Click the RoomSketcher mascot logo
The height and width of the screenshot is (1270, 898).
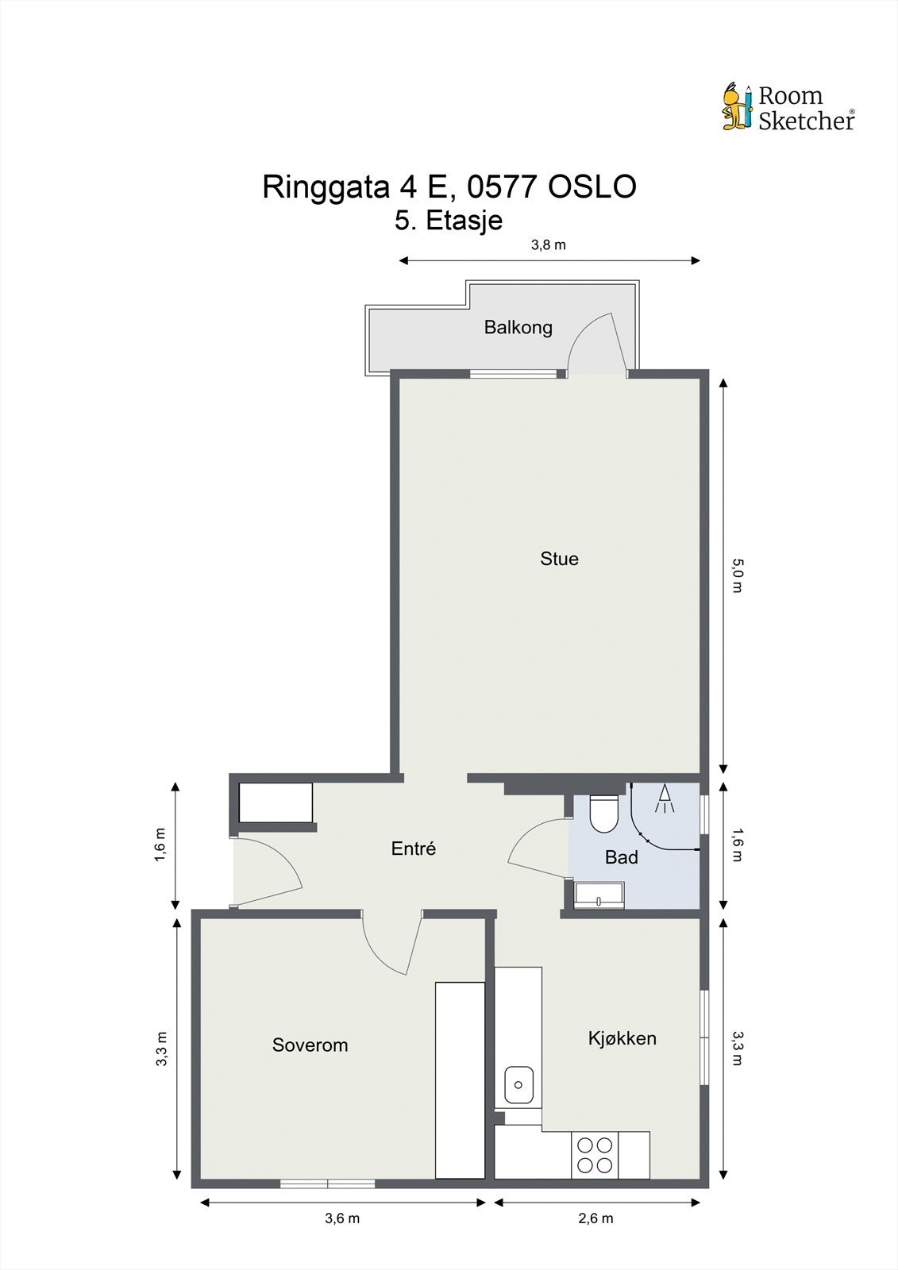[x=737, y=106]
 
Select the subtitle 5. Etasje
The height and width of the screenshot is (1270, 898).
[x=449, y=220]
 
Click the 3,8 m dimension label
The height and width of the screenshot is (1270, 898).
[x=549, y=244]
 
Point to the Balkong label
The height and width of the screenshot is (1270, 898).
[x=518, y=327]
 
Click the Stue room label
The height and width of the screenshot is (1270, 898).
[x=559, y=559]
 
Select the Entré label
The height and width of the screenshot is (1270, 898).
[x=414, y=849]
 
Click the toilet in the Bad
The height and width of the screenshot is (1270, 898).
[x=603, y=813]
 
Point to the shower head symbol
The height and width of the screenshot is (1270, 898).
[x=665, y=798]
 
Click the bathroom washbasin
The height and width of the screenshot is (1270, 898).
[x=599, y=895]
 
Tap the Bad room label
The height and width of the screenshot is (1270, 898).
[x=621, y=857]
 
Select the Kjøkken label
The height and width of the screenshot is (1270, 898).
[x=622, y=1038]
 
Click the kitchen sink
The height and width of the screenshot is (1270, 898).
[x=518, y=1084]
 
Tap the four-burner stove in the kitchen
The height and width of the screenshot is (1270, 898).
[x=595, y=1155]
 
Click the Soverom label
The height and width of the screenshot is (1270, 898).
[x=310, y=1045]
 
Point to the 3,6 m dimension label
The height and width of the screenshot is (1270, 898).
[x=342, y=1218]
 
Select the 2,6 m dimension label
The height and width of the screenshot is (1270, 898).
[x=596, y=1218]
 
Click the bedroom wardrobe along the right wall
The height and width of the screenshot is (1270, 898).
[x=460, y=1079]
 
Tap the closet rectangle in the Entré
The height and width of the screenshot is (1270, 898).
[x=276, y=803]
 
